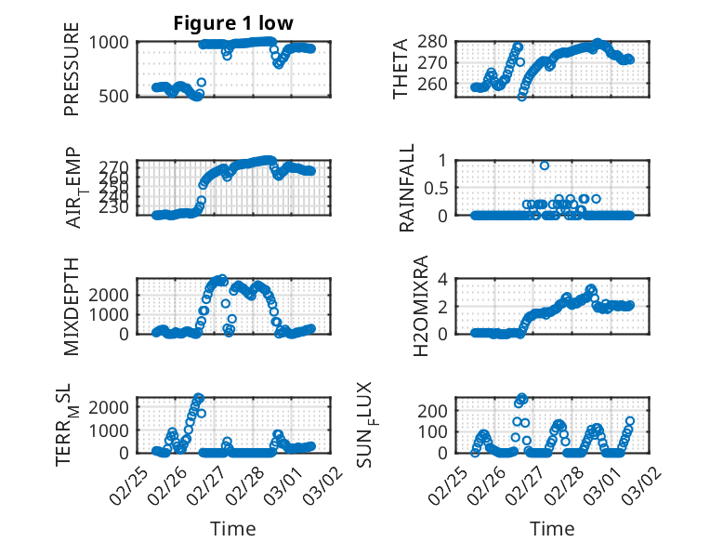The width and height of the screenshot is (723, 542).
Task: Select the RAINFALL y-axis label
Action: [x=407, y=187]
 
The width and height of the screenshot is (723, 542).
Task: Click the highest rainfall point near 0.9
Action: [x=545, y=165]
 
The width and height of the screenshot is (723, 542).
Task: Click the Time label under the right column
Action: [x=552, y=529]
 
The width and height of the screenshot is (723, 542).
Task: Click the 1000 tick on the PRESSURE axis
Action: [x=112, y=42]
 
